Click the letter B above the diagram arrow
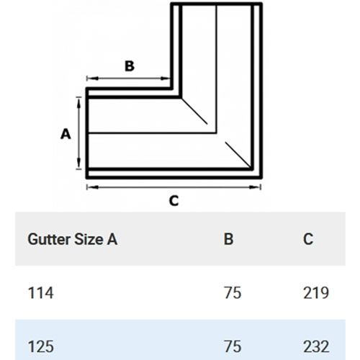click(130, 66)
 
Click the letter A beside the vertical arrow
click(66, 134)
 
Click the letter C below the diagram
click(174, 201)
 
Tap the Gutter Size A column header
click(73, 239)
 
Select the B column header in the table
click(228, 239)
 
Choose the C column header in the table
click(308, 239)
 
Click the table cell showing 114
click(40, 293)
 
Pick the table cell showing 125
click(41, 347)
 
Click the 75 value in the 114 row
click(233, 293)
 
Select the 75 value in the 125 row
click(233, 347)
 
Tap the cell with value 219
click(316, 293)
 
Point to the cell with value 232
click(316, 347)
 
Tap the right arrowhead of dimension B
click(165, 78)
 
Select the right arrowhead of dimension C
click(255, 187)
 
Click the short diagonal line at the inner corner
click(194, 111)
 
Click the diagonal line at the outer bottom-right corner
click(238, 154)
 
